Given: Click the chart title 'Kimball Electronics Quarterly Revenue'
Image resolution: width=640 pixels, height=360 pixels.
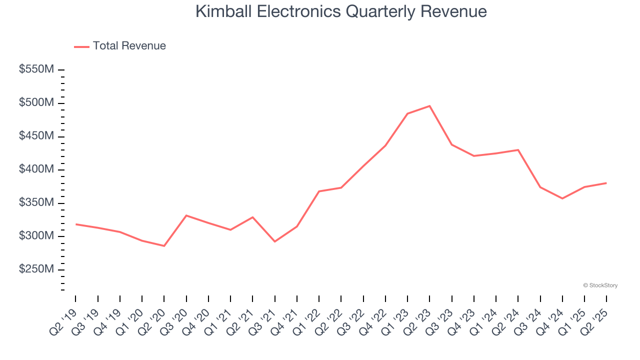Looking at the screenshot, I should point(341,11).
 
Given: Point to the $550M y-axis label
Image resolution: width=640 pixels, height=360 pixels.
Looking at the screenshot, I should point(36,69).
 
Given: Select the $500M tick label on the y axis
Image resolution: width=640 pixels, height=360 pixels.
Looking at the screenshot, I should point(36,103).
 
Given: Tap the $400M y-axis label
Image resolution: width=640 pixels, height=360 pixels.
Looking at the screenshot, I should point(36,169).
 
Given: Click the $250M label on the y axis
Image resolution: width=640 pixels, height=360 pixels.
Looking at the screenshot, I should point(36,269).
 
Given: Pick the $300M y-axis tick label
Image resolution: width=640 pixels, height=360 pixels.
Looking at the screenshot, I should point(36,236).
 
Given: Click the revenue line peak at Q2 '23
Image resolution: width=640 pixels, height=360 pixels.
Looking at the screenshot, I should point(429,106).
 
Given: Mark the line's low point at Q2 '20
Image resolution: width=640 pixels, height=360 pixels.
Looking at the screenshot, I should point(164,246).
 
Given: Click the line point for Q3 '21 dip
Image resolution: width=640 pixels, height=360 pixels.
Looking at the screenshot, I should point(274,241).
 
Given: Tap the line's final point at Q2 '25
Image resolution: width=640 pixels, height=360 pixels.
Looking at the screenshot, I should point(606,183).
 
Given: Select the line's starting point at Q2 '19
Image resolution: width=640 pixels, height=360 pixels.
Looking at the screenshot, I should point(76,224).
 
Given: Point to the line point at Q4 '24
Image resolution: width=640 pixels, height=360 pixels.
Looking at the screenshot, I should point(562,198).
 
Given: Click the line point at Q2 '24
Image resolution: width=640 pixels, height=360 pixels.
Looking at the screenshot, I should point(518,150).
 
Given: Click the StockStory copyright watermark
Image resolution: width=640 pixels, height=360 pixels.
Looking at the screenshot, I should point(600,285).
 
